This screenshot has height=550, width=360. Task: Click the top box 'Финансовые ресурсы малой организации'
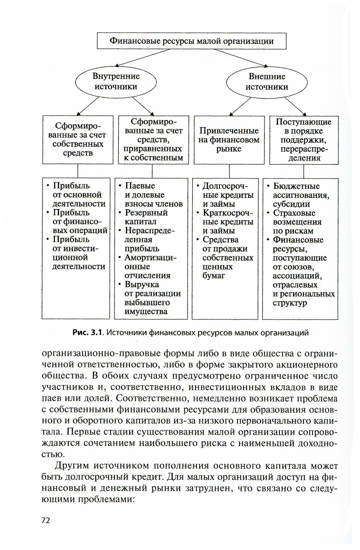tap(192, 41)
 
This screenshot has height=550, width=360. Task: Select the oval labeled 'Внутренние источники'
tap(116, 82)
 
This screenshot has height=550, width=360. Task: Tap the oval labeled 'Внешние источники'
tap(267, 82)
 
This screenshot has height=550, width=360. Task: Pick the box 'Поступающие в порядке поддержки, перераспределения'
tap(304, 140)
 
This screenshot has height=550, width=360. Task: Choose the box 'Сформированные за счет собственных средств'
tap(78, 140)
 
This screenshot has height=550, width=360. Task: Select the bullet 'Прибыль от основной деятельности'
tap(77, 195)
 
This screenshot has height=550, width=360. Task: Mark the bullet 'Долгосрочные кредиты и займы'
tap(227, 195)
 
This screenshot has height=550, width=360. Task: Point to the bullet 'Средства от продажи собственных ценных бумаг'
tap(227, 258)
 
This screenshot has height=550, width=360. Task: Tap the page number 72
tap(46, 520)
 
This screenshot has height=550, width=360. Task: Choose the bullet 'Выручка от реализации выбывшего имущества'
tap(151, 298)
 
